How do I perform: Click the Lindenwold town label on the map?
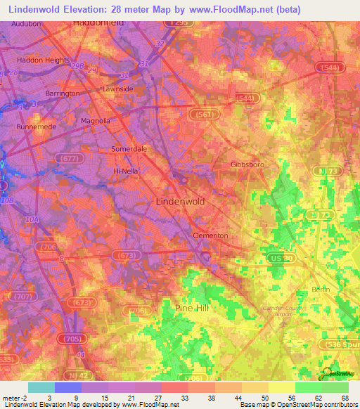(x=179, y=201)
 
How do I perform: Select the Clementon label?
(x=210, y=236)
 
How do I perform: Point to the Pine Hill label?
(x=192, y=308)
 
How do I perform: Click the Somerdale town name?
(x=129, y=149)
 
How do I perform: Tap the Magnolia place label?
(x=96, y=121)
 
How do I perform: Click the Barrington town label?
(x=63, y=93)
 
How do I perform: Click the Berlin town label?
(x=320, y=290)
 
